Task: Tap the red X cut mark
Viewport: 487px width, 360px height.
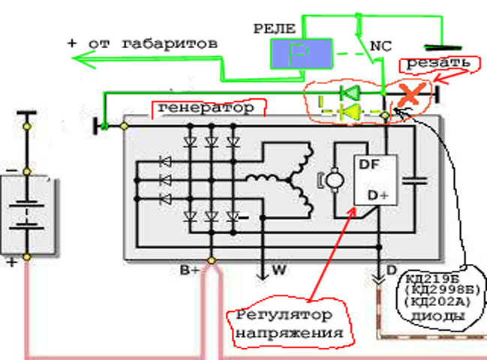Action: [x=410, y=94]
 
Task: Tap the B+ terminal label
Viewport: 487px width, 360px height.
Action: [x=189, y=268]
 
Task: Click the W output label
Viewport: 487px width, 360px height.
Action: [x=279, y=269]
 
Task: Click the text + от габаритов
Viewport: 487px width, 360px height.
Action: [x=143, y=43]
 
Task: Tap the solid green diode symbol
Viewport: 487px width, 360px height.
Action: [x=349, y=94]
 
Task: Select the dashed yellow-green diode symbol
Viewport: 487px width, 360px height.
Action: [x=349, y=113]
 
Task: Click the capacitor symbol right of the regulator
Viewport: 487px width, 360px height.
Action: [x=414, y=179]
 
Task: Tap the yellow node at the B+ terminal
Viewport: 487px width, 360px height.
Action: [x=212, y=261]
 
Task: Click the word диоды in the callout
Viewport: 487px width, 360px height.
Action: [x=437, y=316]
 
